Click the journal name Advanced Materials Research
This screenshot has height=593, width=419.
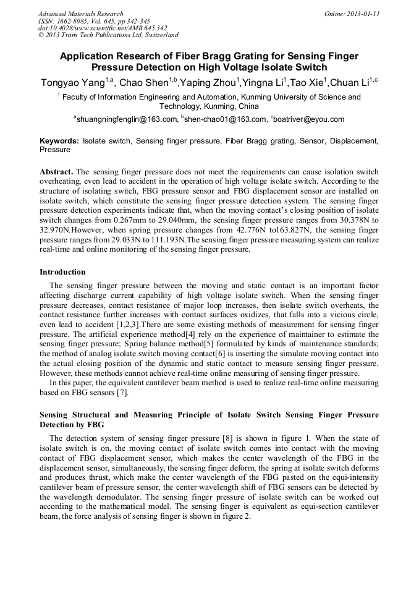[80, 14]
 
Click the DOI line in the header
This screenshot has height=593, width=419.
[103, 28]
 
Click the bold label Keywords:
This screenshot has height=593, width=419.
[59, 141]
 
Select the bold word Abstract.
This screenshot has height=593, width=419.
[56, 171]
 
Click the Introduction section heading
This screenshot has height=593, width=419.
[62, 272]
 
